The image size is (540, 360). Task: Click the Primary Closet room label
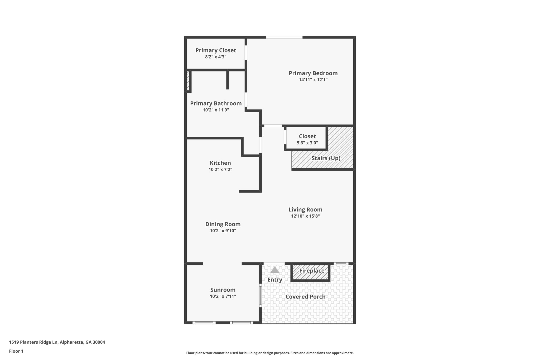pos(216,50)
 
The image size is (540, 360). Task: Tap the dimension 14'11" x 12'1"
pos(313,80)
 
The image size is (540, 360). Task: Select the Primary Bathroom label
pos(216,103)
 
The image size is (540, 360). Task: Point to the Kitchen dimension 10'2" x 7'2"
pos(220,170)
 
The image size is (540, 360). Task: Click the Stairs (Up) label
pos(326,158)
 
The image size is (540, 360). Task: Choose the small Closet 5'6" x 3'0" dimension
pos(307,143)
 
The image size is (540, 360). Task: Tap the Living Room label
pos(305,210)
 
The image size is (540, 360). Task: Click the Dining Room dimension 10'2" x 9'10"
pos(223,231)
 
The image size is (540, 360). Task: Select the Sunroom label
pos(223,290)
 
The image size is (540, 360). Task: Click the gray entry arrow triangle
pos(275,270)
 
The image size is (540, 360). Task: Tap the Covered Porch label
pos(305,297)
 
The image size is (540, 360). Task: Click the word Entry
pos(275,280)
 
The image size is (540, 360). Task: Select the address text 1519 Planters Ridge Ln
pos(33,342)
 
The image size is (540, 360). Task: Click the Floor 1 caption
pos(16,351)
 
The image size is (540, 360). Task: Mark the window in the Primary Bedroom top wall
pos(284,37)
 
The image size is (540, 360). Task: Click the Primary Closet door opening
pos(246,53)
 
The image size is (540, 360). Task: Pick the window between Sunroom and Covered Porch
pos(260,295)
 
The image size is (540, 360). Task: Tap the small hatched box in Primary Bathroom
pos(188,81)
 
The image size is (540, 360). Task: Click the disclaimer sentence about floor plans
pos(270,353)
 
